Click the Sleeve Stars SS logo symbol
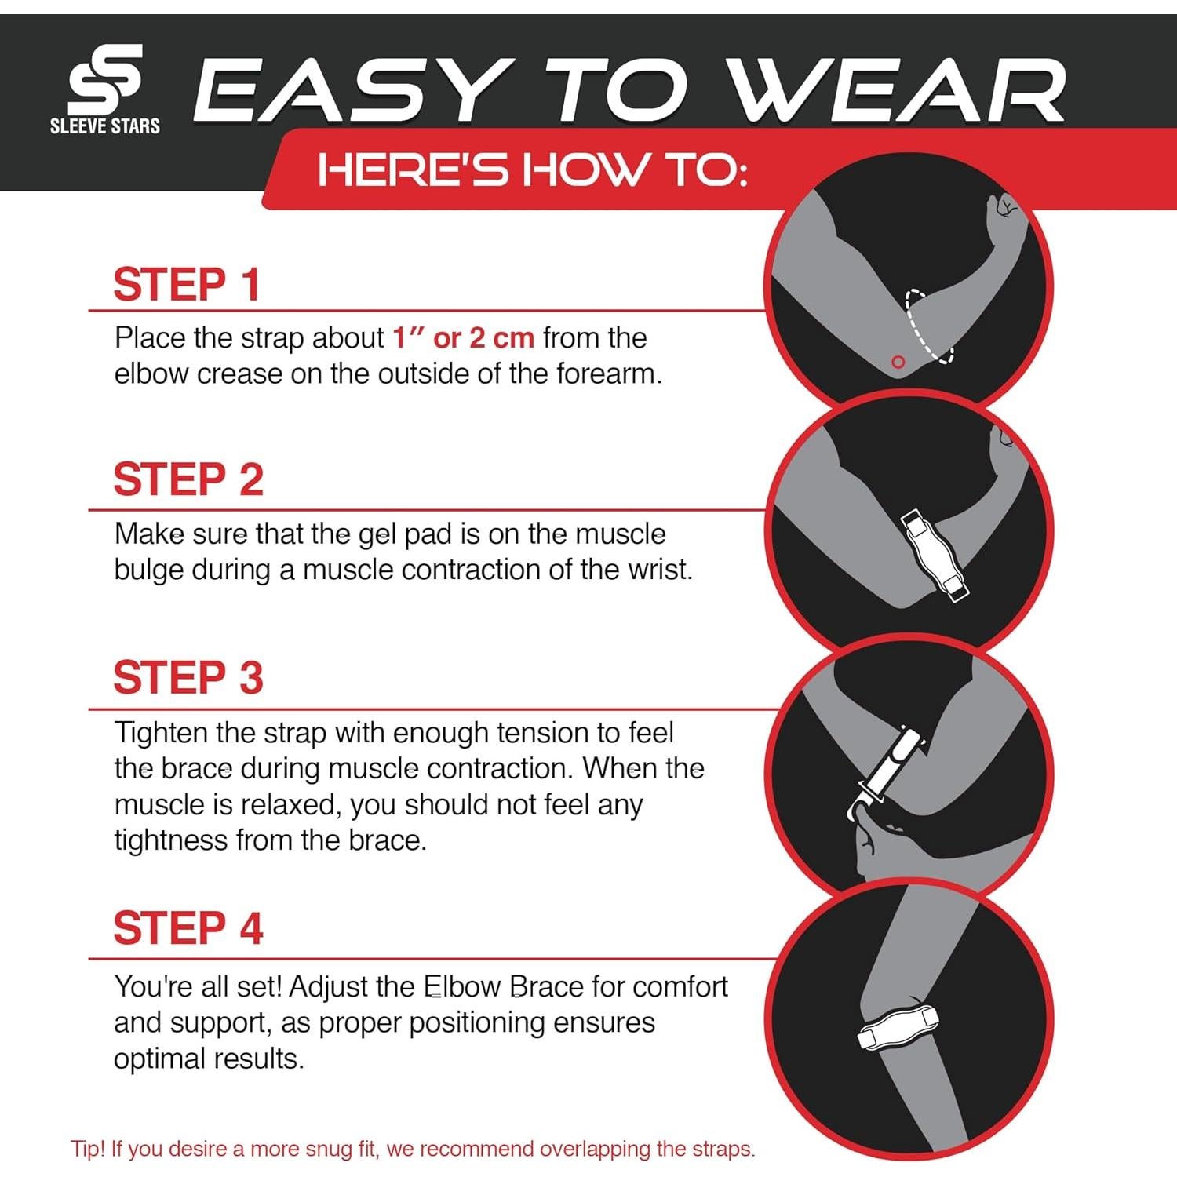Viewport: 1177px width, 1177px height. (105, 80)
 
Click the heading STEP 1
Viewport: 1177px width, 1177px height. (187, 284)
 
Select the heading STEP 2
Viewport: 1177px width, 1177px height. (188, 479)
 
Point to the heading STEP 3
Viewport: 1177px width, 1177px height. (188, 678)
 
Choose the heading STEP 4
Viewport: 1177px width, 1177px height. (188, 928)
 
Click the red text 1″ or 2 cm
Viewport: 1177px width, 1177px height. (463, 338)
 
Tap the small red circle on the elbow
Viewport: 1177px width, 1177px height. (898, 362)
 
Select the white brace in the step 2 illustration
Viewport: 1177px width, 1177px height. (934, 554)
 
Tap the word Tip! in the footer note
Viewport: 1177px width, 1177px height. (87, 1149)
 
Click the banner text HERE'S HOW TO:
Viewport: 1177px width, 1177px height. (532, 169)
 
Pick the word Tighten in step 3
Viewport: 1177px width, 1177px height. (162, 733)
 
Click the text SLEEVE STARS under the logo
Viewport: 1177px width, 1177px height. (105, 126)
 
